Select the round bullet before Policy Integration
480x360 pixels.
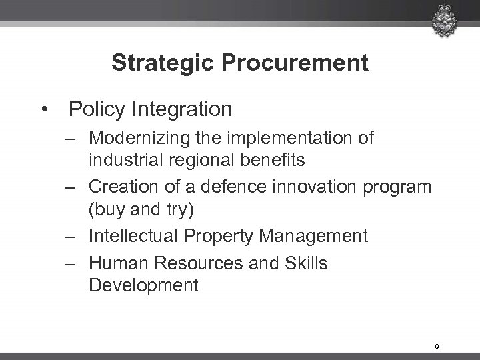45,107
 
